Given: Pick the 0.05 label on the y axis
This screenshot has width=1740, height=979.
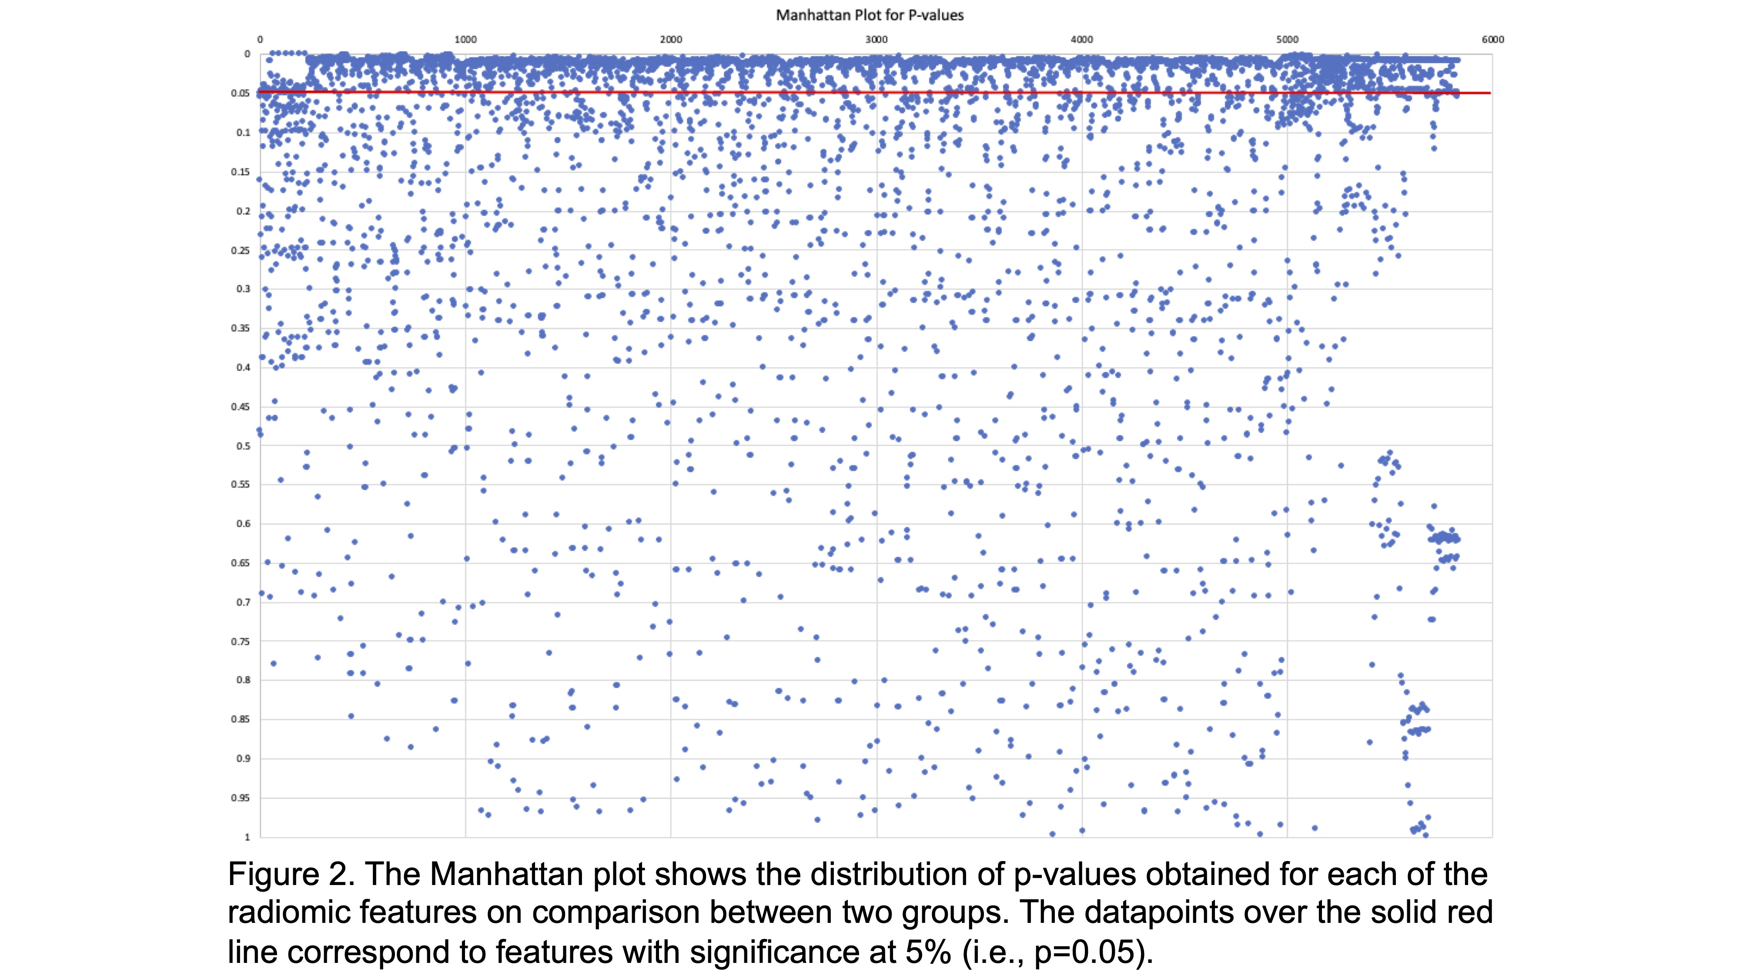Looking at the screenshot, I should (x=241, y=93).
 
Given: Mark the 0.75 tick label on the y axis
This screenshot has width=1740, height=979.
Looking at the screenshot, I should (x=241, y=641).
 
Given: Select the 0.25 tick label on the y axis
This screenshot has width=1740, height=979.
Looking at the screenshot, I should (x=241, y=251).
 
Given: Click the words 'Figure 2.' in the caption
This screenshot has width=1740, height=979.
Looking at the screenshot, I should (x=291, y=874).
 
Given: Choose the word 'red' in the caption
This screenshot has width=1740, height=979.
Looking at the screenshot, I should (x=1470, y=913).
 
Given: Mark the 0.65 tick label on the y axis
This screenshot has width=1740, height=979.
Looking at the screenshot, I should (x=241, y=563).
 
